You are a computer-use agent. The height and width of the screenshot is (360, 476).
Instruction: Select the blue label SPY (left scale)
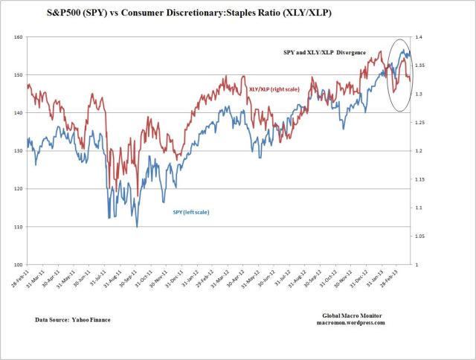(191, 212)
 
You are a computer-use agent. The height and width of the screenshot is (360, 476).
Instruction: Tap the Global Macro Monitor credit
(350, 316)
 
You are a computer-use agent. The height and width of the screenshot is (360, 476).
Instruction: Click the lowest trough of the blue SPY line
(136, 226)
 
